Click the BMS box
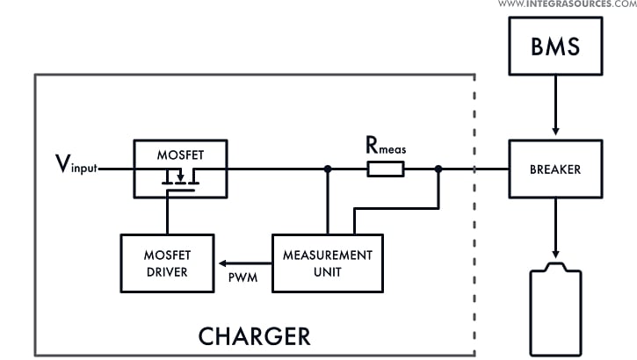[x=556, y=47]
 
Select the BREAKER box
[x=556, y=169]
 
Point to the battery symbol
[x=556, y=312]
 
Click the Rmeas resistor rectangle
[x=385, y=169]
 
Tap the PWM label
[x=242, y=277]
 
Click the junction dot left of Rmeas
[x=328, y=169]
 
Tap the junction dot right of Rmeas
[x=438, y=169]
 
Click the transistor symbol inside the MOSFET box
[x=180, y=180]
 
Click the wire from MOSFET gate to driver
[x=167, y=215]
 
